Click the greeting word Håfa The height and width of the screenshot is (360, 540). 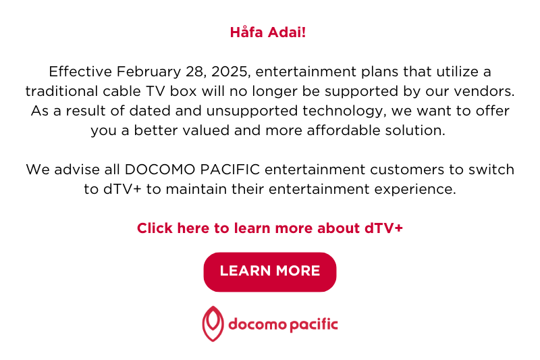pos(246,32)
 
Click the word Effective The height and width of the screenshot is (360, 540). pos(79,72)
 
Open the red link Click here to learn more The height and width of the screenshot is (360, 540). pos(270,228)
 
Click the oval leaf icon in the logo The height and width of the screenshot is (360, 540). pos(213,324)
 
